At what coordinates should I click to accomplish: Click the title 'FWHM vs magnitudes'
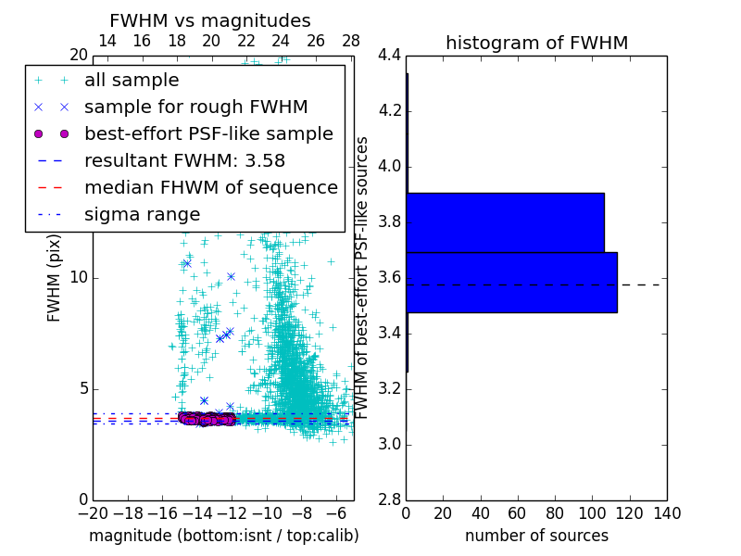[x=210, y=21]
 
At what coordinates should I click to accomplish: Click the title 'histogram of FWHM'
[x=536, y=43]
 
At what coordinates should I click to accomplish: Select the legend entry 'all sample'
[x=132, y=81]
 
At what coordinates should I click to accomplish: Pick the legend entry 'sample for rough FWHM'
[x=195, y=107]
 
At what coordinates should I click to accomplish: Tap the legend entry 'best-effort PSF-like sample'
[x=208, y=133]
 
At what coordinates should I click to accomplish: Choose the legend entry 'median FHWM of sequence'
[x=210, y=187]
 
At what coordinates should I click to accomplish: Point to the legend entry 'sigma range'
[x=142, y=214]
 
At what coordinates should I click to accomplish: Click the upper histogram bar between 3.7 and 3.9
[x=505, y=222]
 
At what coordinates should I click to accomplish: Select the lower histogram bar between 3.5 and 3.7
[x=511, y=282]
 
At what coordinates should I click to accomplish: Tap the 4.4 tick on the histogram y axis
[x=390, y=56]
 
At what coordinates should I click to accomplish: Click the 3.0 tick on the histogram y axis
[x=390, y=444]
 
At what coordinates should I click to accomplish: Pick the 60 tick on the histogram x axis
[x=518, y=512]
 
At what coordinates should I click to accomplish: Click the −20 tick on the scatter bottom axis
[x=93, y=512]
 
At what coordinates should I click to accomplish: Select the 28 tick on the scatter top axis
[x=351, y=41]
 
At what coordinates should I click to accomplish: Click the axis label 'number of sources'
[x=536, y=536]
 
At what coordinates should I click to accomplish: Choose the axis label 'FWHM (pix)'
[x=55, y=278]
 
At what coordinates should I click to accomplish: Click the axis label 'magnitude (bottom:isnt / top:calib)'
[x=223, y=536]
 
